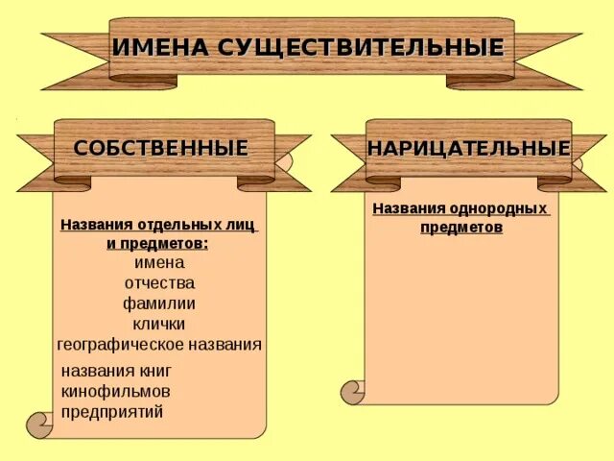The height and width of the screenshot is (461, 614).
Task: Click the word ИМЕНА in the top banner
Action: point(160,47)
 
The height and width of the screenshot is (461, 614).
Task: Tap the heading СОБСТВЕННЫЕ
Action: point(161,149)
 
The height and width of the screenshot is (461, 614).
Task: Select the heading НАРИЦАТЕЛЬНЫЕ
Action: point(468,149)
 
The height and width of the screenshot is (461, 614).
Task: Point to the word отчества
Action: point(159,283)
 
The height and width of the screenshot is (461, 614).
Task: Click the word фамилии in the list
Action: point(159,303)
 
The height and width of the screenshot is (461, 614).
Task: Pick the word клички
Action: point(159,324)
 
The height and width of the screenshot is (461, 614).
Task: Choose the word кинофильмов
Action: point(115,392)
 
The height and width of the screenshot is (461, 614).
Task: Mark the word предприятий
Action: point(112,412)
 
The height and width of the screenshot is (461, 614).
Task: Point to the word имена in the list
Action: point(159,262)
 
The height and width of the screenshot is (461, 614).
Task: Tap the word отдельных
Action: point(179,225)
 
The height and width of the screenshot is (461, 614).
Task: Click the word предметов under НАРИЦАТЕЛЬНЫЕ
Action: point(460,229)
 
